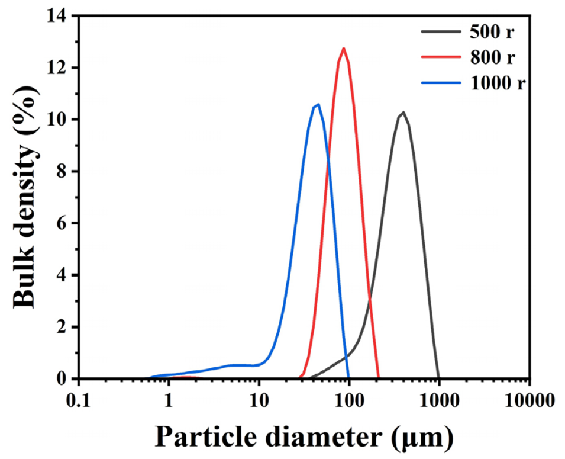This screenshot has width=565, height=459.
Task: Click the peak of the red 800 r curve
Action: [343, 49]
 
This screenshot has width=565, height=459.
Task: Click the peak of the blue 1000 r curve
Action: [318, 104]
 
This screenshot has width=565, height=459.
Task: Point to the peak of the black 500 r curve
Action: [403, 112]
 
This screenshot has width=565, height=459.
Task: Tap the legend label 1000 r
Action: [498, 84]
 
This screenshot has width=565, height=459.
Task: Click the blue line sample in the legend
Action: [442, 84]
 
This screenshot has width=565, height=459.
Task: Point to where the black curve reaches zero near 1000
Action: [439, 378]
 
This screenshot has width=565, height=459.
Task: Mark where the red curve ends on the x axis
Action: [379, 377]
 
